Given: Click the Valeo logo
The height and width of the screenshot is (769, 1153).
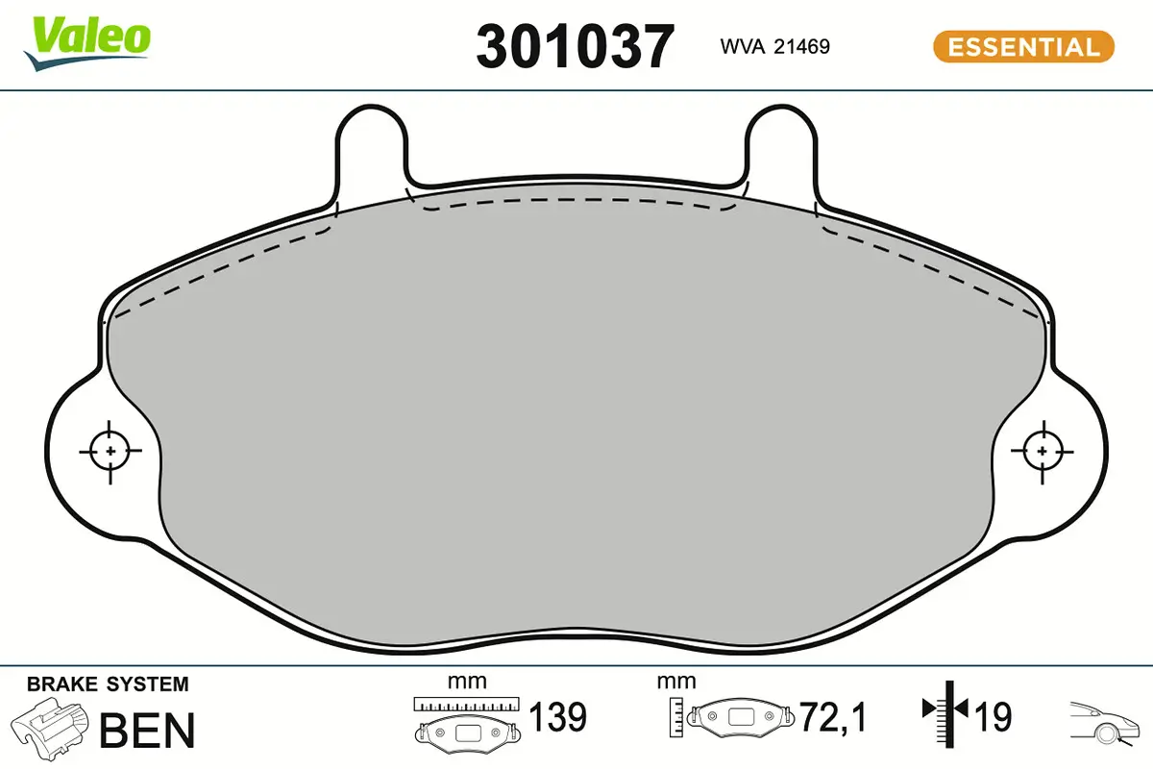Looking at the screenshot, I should [87, 41].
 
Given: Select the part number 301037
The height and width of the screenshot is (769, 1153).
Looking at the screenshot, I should [575, 46].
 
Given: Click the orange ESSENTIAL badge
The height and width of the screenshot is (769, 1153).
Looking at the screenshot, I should [1022, 46].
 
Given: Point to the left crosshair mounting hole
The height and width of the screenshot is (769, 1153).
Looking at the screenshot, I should [110, 450].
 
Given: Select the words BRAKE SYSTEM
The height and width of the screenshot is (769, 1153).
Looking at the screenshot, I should [108, 684].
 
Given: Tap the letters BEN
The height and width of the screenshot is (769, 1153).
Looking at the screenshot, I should [148, 730].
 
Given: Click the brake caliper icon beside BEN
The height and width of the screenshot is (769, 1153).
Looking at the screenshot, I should [50, 730].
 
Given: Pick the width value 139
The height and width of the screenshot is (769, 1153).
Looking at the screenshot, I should [558, 717].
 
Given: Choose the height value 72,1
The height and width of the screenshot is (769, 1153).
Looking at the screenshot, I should [834, 717].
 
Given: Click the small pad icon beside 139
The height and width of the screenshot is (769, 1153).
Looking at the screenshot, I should [467, 731].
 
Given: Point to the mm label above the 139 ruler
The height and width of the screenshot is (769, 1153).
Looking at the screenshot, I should [467, 682].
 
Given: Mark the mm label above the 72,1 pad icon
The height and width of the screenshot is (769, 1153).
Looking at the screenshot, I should [675, 682].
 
